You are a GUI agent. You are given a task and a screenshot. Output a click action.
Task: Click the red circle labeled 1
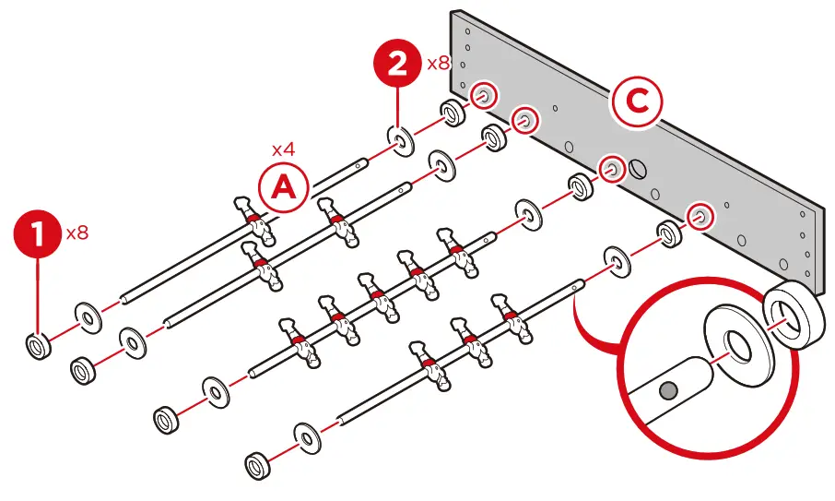[x=38, y=235]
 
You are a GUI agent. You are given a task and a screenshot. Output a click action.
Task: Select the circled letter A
[x=283, y=187]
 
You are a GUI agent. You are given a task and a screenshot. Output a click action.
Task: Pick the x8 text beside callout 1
[x=77, y=233]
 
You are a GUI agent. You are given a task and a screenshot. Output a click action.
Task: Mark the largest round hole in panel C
[x=637, y=170]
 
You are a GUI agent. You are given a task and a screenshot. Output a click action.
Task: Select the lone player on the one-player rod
[x=252, y=221]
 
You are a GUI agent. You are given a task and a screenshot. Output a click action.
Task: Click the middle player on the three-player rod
[x=471, y=345]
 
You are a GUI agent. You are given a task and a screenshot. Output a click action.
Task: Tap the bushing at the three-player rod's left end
[x=259, y=461]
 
